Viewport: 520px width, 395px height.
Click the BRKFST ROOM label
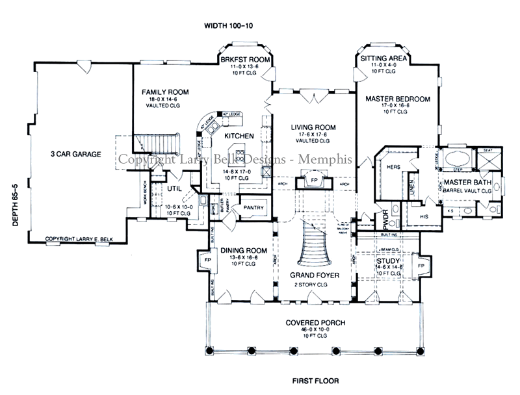pos(245,58)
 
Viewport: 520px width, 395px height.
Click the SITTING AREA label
pos(385,58)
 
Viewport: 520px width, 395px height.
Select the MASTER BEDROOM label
pos(398,99)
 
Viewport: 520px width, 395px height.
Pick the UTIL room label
pos(174,188)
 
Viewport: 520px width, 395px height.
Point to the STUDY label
pos(388,261)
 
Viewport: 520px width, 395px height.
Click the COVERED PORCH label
pos(315,323)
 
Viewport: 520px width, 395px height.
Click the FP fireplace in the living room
pos(314,180)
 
